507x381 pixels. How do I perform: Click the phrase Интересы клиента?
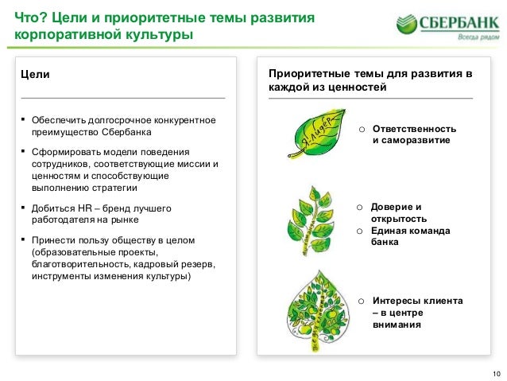[x=418, y=301]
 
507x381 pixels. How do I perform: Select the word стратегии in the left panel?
[x=114, y=189]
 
